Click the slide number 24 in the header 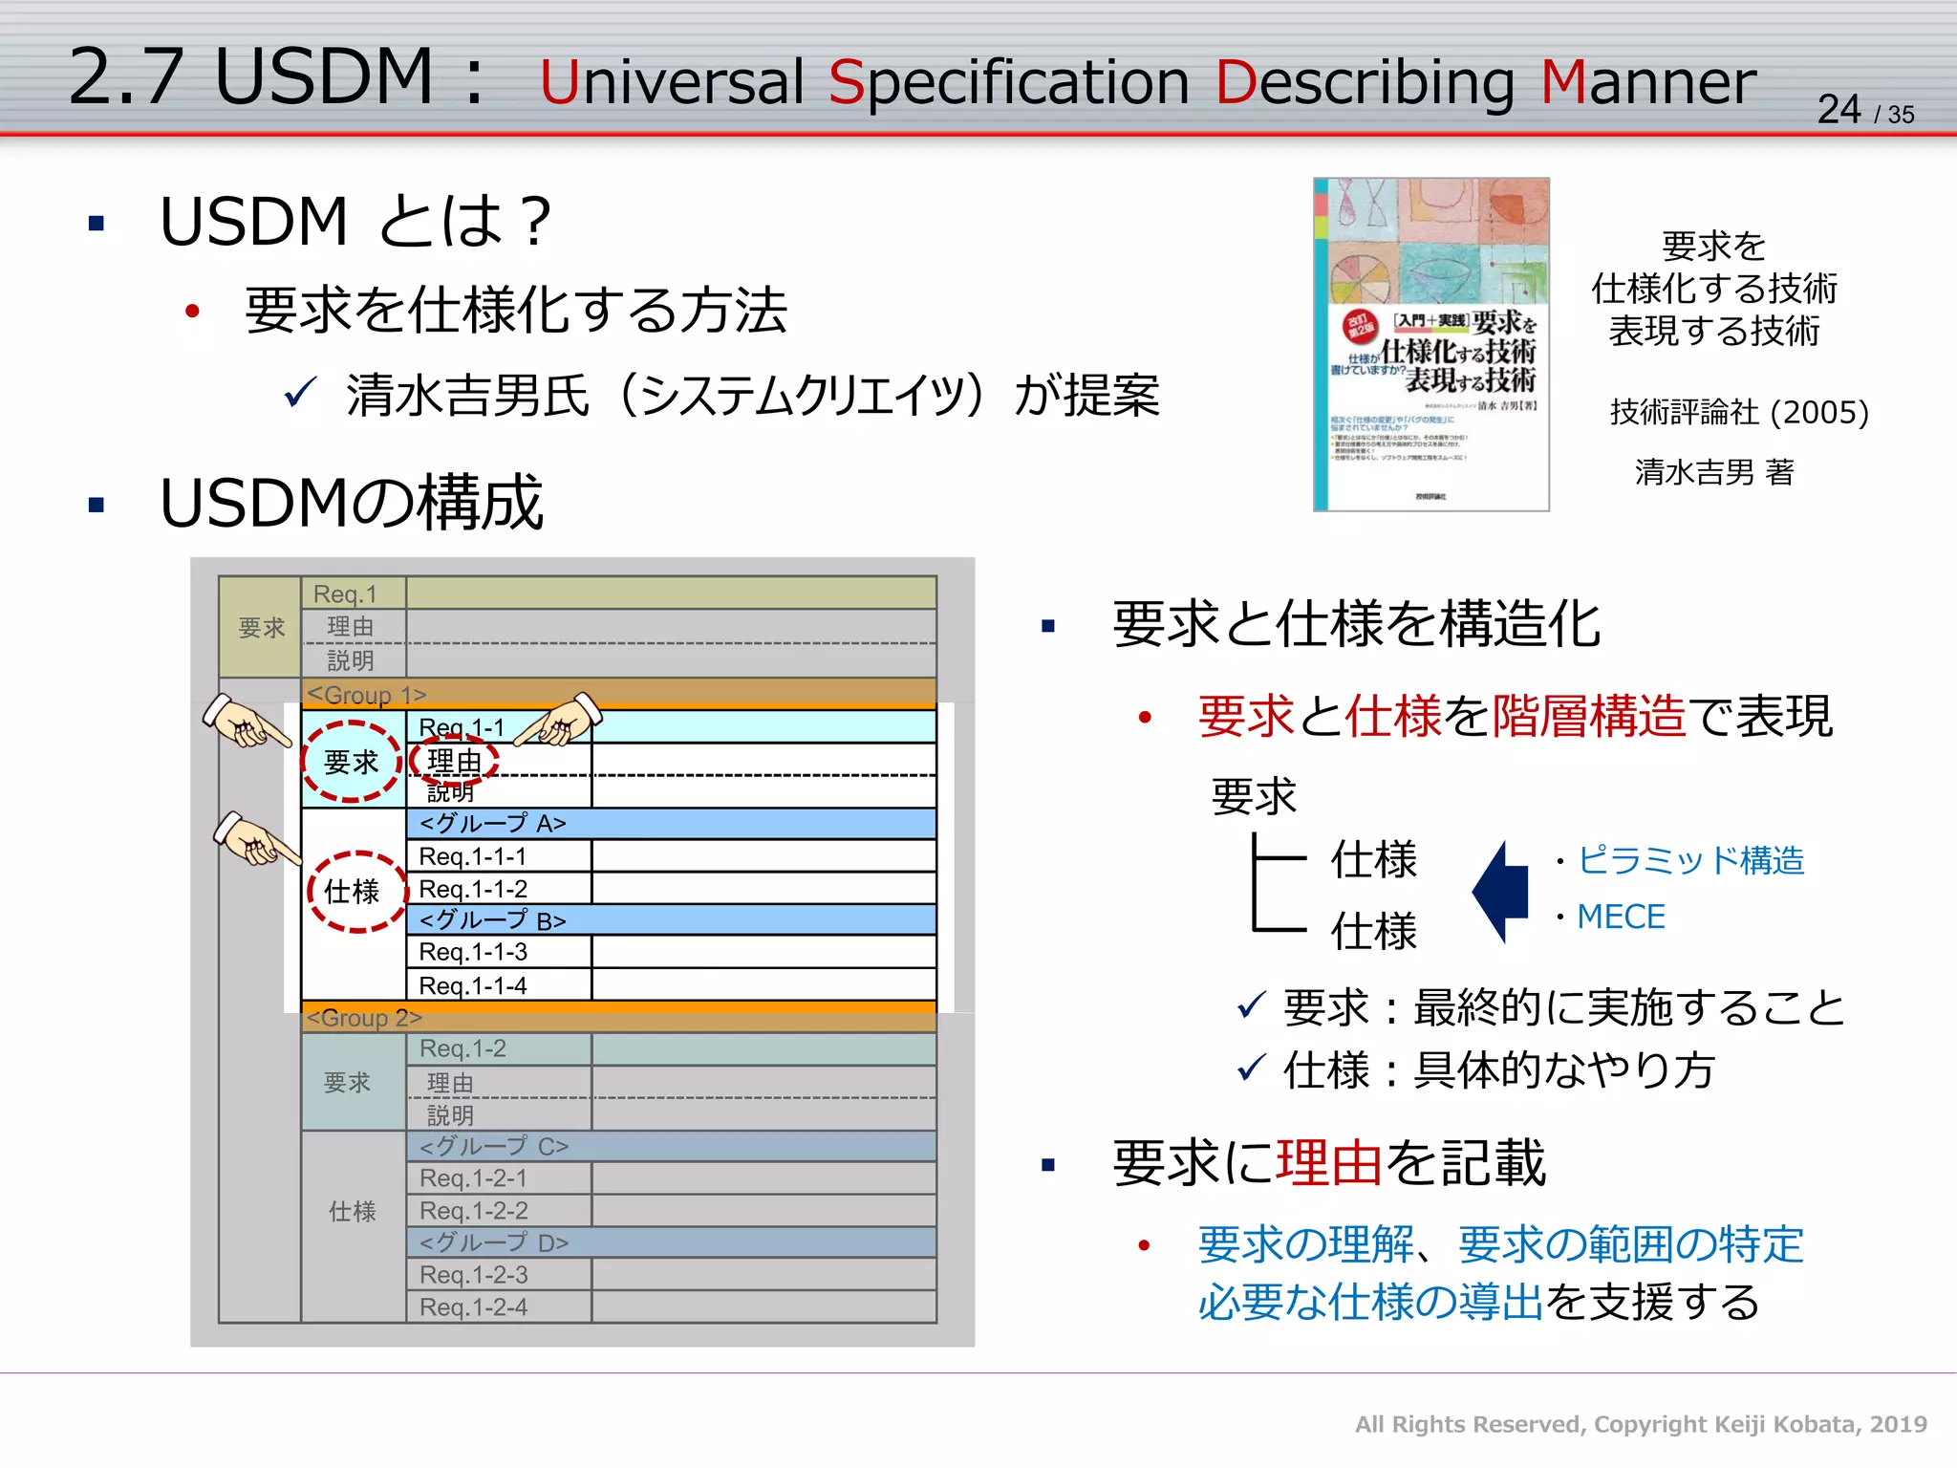click(1839, 109)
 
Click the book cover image click(1430, 344)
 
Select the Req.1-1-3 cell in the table click(473, 952)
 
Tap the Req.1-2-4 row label click(473, 1307)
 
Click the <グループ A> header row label click(493, 824)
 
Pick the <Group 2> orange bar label click(364, 1018)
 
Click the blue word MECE click(1621, 917)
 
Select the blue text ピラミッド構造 click(1690, 860)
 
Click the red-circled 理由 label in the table click(454, 762)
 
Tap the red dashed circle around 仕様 click(355, 892)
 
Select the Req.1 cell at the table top click(346, 594)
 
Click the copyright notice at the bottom click(1640, 1424)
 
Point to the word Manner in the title click(1648, 82)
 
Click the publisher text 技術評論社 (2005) click(1739, 412)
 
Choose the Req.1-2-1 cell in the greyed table click(473, 1178)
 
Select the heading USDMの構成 click(352, 503)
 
